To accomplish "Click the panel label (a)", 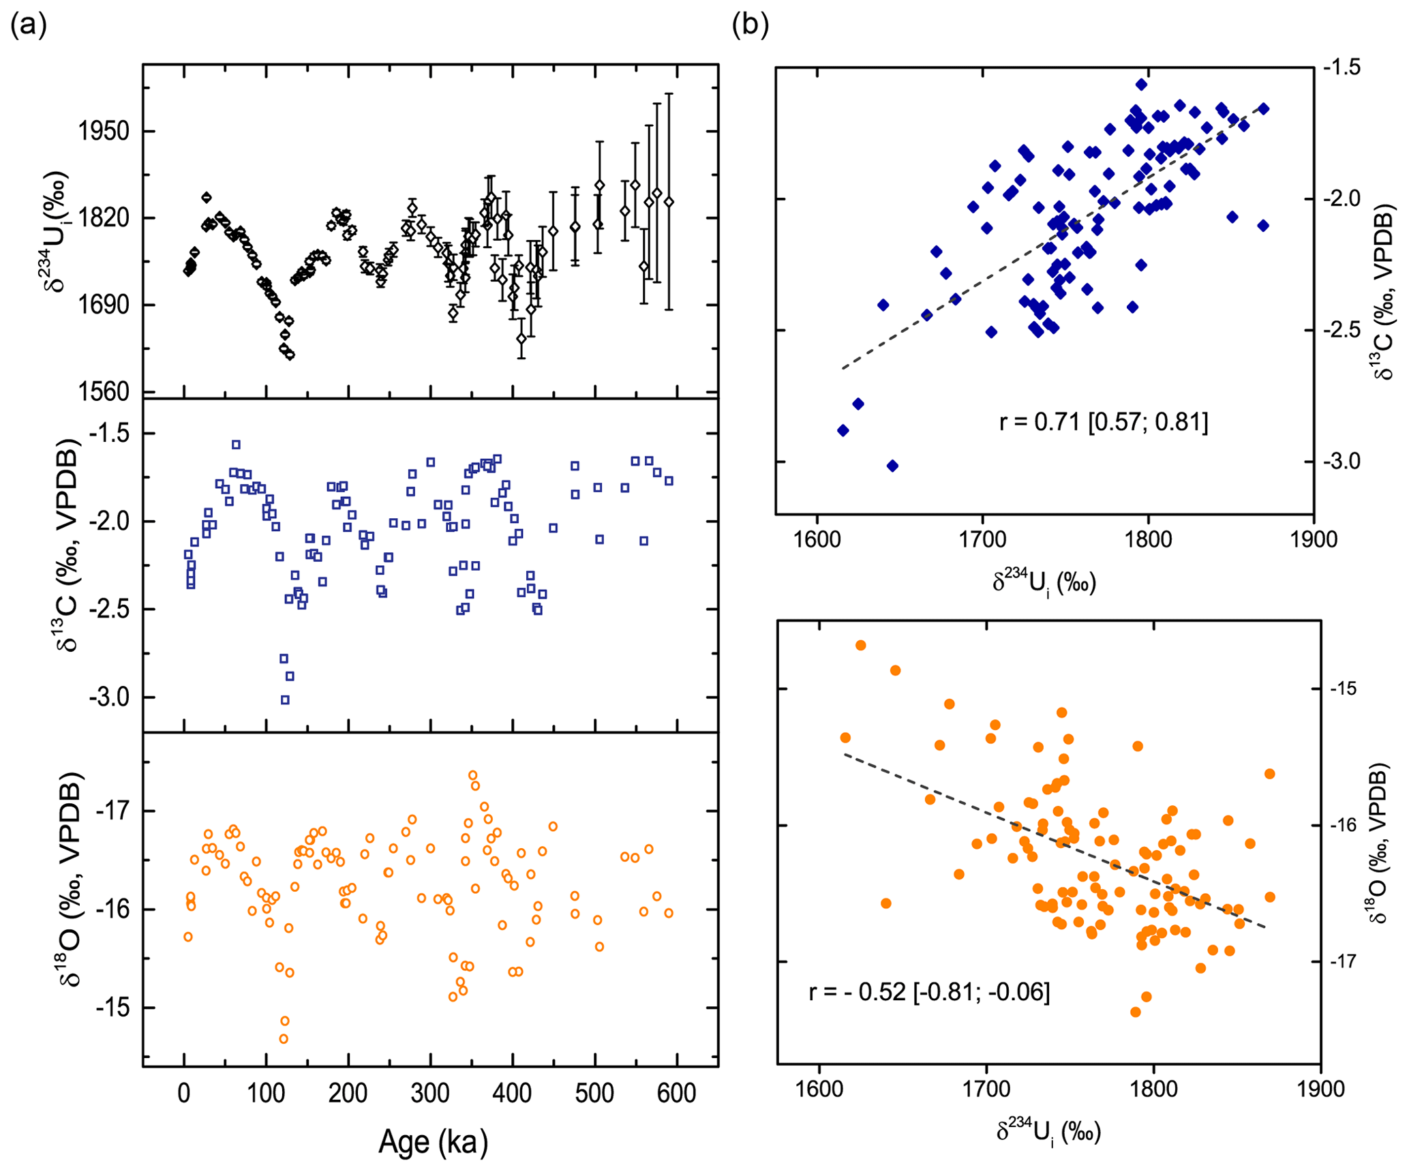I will (29, 26).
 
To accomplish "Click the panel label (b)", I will (750, 26).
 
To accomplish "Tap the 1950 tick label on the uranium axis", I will (104, 131).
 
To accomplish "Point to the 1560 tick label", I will (104, 392).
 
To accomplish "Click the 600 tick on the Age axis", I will (677, 1093).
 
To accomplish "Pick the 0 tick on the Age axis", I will (184, 1093).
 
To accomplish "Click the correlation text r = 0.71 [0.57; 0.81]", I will (1103, 422).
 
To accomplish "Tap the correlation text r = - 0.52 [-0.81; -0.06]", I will (929, 991).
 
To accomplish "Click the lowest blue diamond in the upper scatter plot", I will (892, 466).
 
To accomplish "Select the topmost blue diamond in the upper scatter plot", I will (1141, 85).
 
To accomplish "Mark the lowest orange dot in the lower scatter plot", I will (1135, 1012).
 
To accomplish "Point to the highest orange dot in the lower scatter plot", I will (860, 645).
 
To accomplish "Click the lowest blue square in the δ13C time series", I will (285, 700).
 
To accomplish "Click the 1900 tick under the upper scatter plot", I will (1313, 540).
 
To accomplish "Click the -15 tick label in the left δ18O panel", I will (113, 1008).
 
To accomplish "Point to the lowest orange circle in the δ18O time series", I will (284, 1038).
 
